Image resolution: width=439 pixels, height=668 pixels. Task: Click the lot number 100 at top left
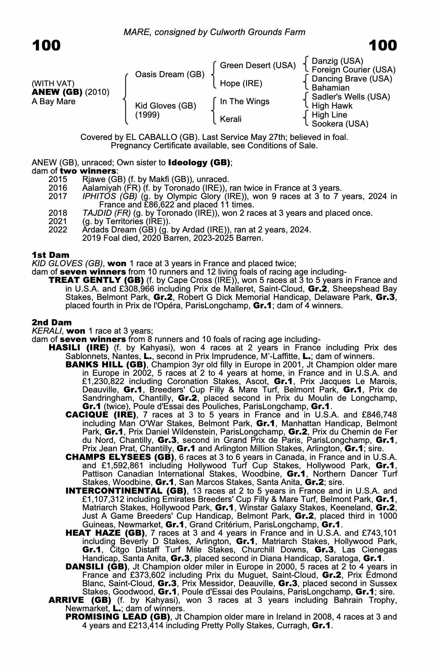pos(46,46)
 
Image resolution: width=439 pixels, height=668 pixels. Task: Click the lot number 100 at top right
pos(383,46)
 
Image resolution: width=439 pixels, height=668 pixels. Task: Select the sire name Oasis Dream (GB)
pos(170,74)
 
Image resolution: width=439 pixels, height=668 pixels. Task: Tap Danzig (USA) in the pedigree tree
pos(337,61)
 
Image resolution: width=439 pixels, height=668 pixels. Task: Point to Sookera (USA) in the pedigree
pos(340,124)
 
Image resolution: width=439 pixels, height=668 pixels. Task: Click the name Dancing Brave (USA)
pos(352,79)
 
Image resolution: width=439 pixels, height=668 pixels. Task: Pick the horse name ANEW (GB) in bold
pos(57,92)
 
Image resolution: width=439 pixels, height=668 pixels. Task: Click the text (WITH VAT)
pos(53,83)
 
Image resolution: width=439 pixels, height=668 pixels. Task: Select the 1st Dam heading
pos(50,255)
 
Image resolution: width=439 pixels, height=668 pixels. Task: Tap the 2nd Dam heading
pos(52,322)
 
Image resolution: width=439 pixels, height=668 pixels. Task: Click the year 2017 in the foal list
pos(58,196)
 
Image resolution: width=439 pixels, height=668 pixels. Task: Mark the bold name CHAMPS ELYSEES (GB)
pos(120,457)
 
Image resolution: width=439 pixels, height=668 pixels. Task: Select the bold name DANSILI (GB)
pos(97,566)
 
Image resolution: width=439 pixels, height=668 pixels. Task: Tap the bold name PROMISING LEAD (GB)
pos(118,617)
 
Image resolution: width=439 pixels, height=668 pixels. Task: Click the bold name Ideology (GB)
pos(199,163)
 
